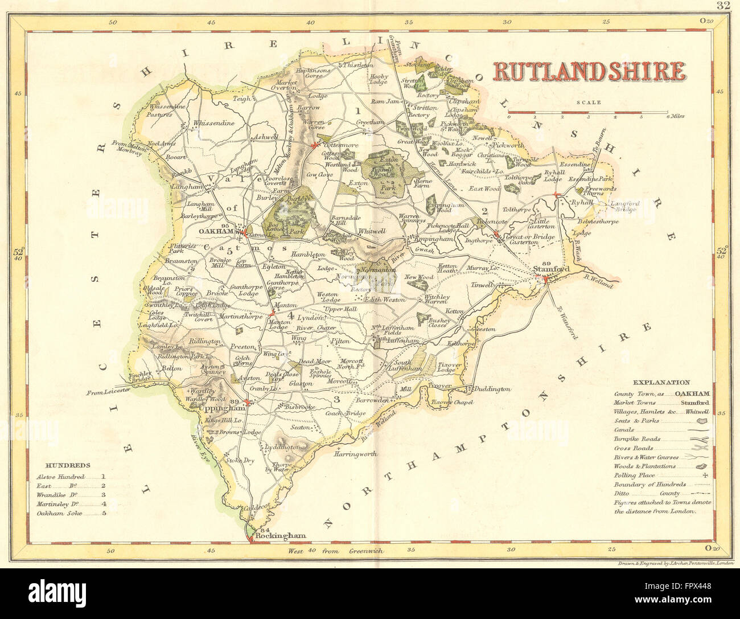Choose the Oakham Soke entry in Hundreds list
point(59,513)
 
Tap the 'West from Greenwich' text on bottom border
point(336,551)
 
